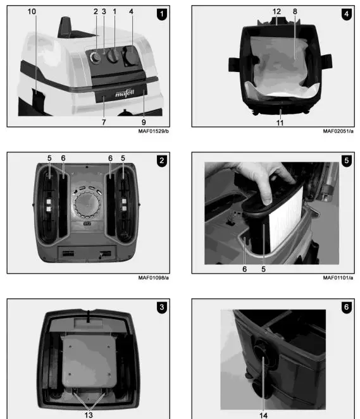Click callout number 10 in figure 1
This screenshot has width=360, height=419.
coord(32,11)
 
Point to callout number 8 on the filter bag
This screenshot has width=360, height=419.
coord(294,11)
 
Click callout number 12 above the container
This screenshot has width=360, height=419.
coord(276,11)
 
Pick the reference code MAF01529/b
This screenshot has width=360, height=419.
coord(152,131)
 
